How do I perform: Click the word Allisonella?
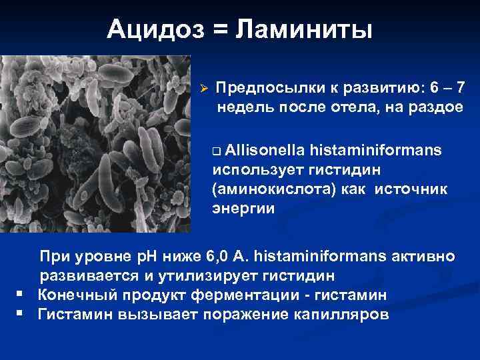pos(259,151)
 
